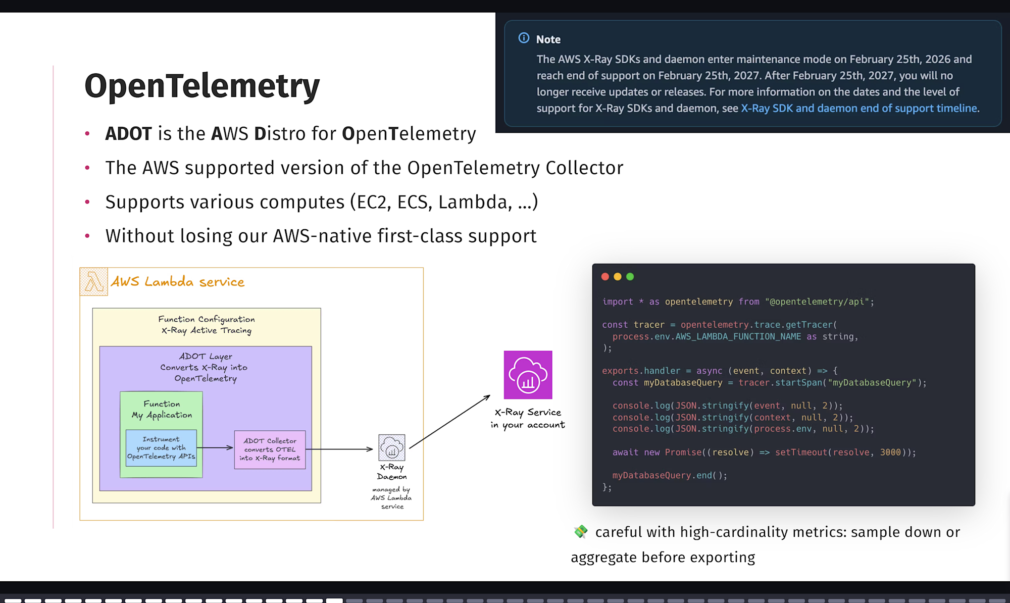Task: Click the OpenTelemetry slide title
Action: click(202, 86)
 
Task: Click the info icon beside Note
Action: click(524, 38)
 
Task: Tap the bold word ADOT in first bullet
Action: click(128, 134)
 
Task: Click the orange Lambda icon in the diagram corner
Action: click(93, 282)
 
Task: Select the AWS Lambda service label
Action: click(178, 282)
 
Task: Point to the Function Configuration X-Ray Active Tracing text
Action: click(206, 325)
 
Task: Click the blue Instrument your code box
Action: click(161, 448)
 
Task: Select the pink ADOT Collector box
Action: click(270, 449)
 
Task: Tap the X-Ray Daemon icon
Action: click(392, 447)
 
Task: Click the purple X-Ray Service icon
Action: click(528, 375)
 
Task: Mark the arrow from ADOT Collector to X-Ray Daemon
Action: click(339, 449)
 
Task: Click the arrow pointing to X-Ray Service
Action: click(449, 422)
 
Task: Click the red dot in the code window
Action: click(605, 277)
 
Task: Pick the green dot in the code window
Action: click(630, 277)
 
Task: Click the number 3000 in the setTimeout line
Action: click(890, 453)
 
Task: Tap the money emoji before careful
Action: click(581, 532)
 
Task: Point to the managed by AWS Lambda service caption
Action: click(391, 498)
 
